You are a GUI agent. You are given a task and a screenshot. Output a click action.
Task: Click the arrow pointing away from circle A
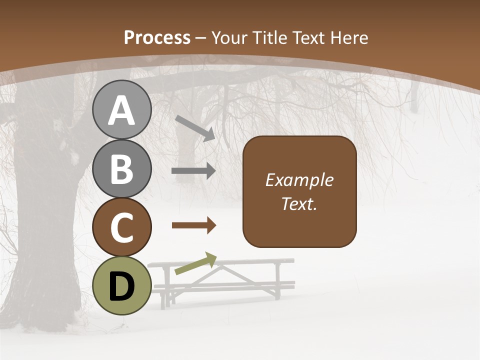click(195, 128)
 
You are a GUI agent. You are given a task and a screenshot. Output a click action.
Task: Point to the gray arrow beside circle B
click(193, 171)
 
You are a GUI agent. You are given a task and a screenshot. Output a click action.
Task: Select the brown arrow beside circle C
click(193, 225)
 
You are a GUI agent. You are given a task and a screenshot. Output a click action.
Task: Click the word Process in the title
click(157, 37)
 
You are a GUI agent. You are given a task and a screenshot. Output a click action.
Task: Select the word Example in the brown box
click(299, 180)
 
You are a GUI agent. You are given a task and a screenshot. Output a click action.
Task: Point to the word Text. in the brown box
click(299, 203)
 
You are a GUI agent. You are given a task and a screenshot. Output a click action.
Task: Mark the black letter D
click(121, 286)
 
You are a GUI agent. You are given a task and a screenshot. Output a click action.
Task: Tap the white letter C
click(121, 227)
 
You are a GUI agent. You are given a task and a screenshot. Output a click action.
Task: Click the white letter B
click(121, 169)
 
